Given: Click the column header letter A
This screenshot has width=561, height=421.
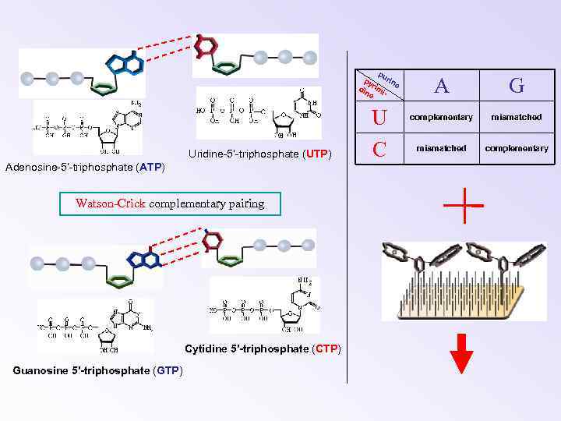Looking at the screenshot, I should [x=442, y=85].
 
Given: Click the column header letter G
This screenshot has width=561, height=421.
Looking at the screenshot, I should [x=517, y=85].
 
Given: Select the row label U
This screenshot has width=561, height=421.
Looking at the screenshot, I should [x=379, y=118].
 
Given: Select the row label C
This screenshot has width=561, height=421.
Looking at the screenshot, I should [x=380, y=148].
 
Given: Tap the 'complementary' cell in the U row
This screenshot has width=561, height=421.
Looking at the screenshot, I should [x=442, y=118].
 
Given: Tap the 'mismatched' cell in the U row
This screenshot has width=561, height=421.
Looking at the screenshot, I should [x=517, y=118].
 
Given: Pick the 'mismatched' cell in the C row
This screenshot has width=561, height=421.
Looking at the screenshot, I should [x=442, y=148].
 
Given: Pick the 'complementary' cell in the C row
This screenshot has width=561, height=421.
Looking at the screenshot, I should [x=517, y=148].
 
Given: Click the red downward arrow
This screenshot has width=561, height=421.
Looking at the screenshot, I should [x=462, y=354].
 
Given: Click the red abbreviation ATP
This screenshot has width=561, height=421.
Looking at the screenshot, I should [x=150, y=166].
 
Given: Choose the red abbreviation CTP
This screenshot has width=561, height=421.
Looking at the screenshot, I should [x=326, y=348].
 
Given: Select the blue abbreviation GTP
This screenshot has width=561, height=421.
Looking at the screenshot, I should [x=168, y=370].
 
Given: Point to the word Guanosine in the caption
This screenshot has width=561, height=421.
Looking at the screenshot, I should [x=40, y=370].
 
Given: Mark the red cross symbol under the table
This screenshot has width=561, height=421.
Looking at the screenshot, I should [x=462, y=206].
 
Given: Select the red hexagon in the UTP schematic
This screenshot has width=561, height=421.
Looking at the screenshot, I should [x=206, y=46].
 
